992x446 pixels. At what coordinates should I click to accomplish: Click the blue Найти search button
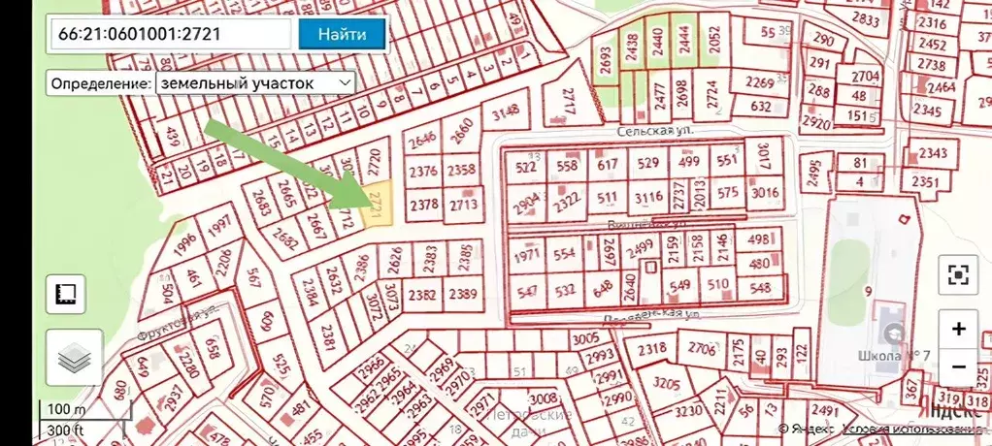(x=342, y=35)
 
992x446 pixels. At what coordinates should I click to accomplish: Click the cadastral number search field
(x=171, y=35)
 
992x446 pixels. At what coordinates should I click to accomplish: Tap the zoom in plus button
(x=958, y=329)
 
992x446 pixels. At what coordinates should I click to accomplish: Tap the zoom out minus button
(x=958, y=367)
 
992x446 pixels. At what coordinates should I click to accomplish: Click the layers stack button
(x=73, y=358)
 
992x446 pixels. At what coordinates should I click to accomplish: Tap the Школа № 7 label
(x=894, y=355)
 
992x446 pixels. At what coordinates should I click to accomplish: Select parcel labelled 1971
(x=526, y=256)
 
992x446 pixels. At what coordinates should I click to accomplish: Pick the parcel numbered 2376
(x=423, y=172)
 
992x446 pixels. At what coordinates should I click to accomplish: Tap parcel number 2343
(x=933, y=153)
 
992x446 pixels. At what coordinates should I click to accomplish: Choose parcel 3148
(x=507, y=114)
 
